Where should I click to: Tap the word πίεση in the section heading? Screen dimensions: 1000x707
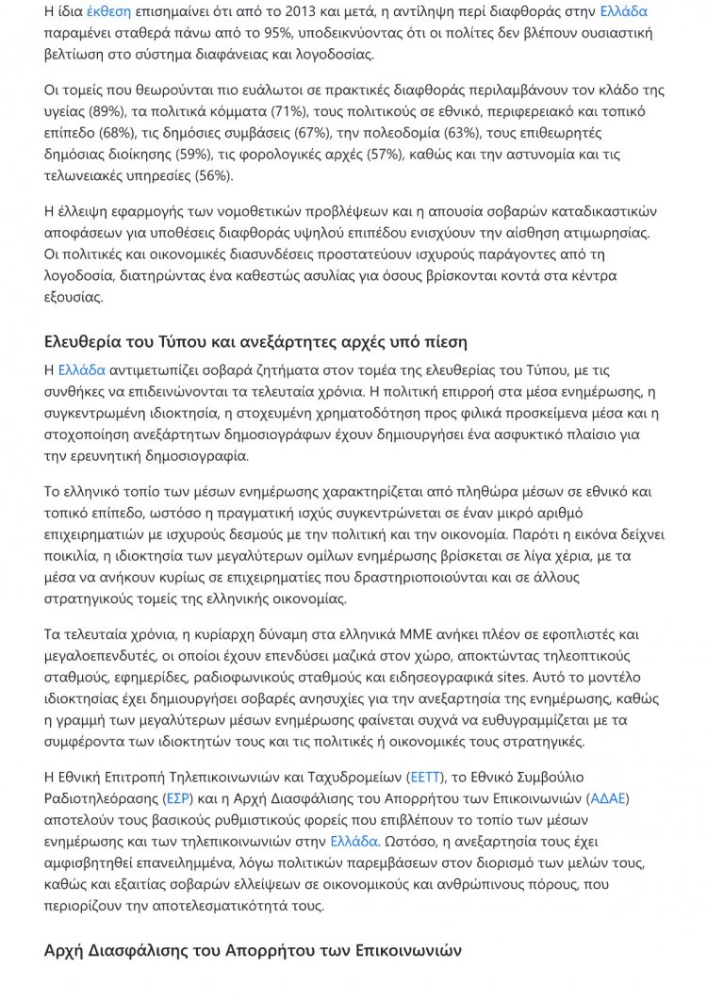(445, 341)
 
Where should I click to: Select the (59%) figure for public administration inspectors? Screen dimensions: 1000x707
(196, 155)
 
